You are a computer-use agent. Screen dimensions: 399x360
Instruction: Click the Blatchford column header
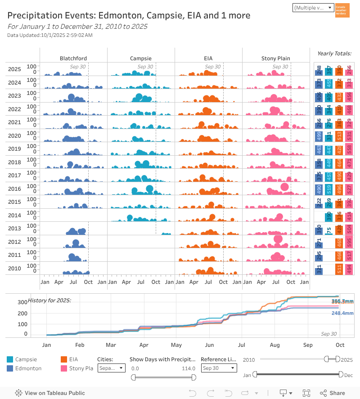(73, 58)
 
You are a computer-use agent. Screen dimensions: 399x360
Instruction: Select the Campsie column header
(141, 58)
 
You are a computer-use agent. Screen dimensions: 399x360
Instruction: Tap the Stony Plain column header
(276, 58)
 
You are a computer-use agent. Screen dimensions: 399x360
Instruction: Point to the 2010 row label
(14, 269)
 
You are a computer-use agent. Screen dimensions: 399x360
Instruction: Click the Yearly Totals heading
(334, 54)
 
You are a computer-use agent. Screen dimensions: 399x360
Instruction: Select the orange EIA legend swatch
(64, 359)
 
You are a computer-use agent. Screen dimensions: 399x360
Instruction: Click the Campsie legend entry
(25, 359)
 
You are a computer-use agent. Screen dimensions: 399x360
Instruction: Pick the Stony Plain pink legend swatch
(64, 368)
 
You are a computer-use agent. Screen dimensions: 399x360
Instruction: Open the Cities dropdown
(112, 368)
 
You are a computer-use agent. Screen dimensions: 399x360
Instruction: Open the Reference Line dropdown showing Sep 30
(219, 368)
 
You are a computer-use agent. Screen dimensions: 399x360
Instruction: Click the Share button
(333, 393)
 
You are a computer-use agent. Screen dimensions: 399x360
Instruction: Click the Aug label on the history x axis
(275, 345)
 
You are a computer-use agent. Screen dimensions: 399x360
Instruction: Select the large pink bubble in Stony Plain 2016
(284, 187)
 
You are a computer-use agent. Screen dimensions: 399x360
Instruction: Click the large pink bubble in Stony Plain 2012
(278, 239)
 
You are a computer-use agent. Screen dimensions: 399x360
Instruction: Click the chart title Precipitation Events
(129, 16)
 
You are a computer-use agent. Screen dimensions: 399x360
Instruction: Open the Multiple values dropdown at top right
(313, 8)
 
